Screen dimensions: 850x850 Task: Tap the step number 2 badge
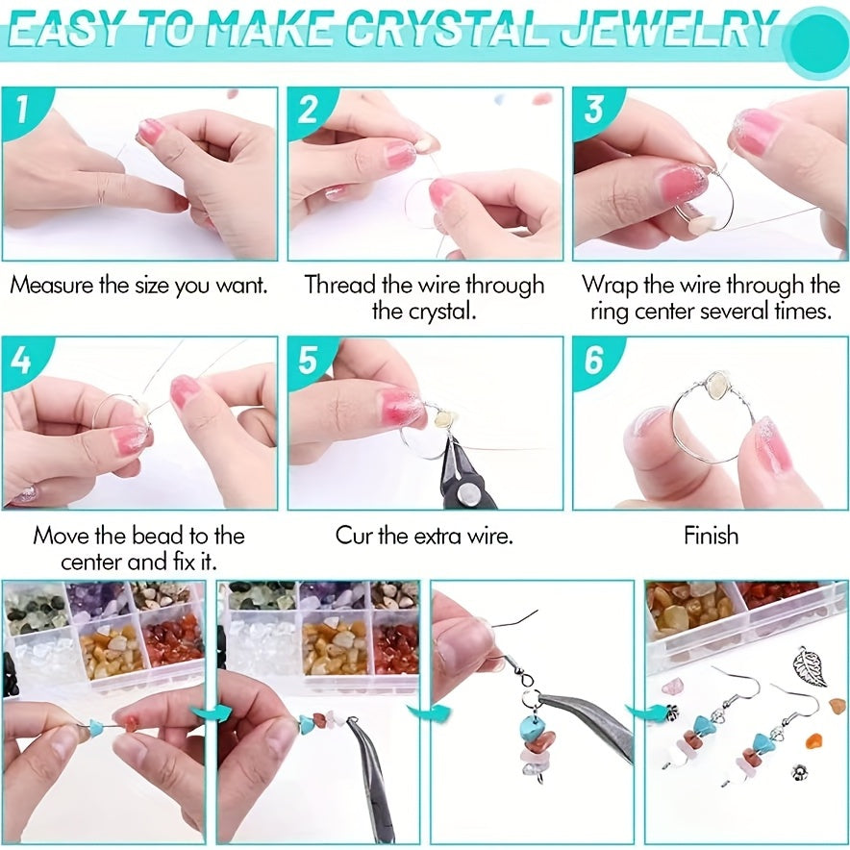point(308,110)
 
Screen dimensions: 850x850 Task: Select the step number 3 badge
point(593,110)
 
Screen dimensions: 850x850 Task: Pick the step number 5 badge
point(308,360)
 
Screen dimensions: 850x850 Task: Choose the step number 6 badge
point(593,360)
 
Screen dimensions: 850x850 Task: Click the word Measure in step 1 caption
point(52,285)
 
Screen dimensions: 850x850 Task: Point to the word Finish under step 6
point(711,536)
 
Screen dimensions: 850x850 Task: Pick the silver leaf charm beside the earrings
point(809,667)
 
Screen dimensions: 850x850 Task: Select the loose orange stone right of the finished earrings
point(814,740)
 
